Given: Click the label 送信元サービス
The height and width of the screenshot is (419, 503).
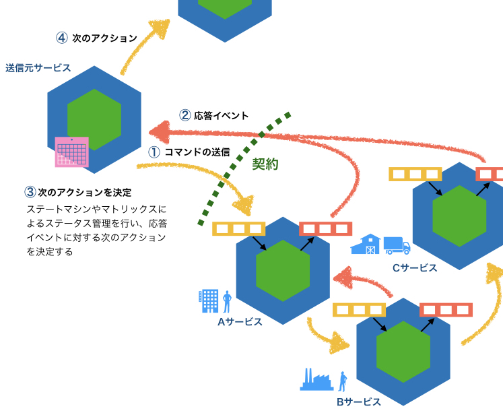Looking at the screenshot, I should [38, 68].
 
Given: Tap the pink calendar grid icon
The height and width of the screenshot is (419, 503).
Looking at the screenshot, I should [71, 152].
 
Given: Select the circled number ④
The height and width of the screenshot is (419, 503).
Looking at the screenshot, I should [62, 38].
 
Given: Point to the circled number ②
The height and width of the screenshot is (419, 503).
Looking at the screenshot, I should [185, 115].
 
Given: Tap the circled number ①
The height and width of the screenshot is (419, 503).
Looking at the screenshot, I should [154, 152].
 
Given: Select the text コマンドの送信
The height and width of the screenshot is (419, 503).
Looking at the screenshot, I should [197, 152].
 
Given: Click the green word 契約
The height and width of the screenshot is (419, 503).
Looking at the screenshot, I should [265, 164].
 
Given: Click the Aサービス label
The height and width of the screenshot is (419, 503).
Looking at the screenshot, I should [239, 321].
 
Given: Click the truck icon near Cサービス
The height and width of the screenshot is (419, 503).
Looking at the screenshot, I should [397, 245].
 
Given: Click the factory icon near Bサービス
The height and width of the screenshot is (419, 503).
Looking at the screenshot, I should [316, 380].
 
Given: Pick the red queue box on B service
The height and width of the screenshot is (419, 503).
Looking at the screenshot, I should [446, 310].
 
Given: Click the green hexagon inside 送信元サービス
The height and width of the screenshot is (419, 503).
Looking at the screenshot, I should [94, 119].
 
